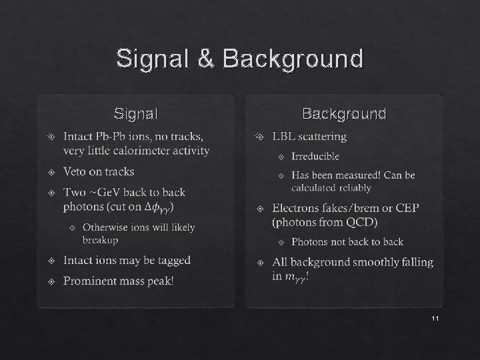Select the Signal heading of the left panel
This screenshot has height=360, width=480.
[136, 114]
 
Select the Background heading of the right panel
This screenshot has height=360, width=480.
[344, 114]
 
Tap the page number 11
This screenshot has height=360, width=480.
[435, 319]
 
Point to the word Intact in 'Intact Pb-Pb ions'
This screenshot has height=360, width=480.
[78, 137]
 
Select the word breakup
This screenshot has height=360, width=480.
[100, 240]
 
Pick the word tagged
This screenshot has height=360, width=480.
[171, 261]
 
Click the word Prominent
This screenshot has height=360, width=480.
[89, 281]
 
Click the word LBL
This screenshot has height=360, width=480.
[284, 137]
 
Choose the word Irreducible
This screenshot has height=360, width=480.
[315, 156]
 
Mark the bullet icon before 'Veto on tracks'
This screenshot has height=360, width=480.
[52, 173]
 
